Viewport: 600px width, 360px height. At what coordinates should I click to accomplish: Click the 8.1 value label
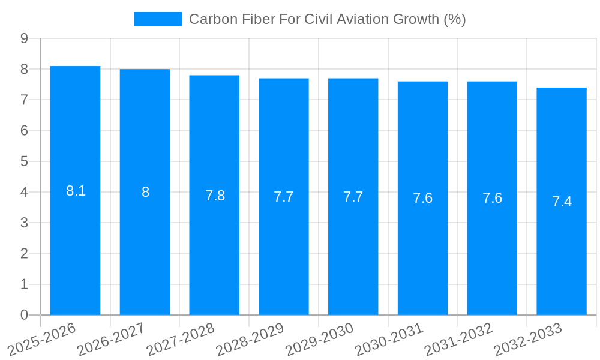coord(76,191)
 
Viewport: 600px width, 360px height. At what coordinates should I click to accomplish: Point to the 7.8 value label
coord(215,196)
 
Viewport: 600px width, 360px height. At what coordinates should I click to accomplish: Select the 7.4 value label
coord(562,202)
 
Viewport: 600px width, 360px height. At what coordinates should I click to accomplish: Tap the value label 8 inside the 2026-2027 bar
coord(145,192)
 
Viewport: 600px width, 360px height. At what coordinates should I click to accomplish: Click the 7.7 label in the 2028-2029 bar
coord(284,197)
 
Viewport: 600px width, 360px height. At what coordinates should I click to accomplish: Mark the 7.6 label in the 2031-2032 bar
coord(492,198)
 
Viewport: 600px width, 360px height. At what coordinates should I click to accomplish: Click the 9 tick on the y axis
coord(24,38)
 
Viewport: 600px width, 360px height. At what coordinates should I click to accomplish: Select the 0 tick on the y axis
coord(24,315)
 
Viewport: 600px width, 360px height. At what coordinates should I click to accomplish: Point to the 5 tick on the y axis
coord(24,161)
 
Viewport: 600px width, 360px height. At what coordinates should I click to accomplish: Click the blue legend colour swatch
coord(157,19)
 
